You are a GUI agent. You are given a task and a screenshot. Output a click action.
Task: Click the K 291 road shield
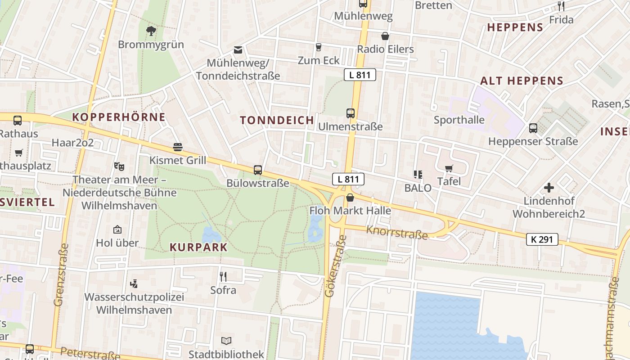pos(542,239)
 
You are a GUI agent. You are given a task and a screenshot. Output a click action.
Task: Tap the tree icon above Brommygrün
pos(151,31)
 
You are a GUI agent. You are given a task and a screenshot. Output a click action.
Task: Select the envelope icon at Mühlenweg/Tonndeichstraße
pos(238,50)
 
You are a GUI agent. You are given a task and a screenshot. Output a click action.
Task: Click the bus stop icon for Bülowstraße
pos(257,170)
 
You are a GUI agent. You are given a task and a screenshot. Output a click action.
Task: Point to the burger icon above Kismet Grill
pos(178,147)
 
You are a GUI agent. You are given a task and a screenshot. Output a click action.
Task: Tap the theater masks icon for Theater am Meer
pos(119,166)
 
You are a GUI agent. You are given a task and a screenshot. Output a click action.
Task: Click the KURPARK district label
pos(198,247)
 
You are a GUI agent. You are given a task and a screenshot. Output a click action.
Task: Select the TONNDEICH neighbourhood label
pos(277,120)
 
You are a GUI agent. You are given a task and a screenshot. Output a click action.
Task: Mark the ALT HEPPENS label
pos(522,81)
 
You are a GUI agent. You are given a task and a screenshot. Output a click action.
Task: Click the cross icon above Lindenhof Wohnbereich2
pos(549,188)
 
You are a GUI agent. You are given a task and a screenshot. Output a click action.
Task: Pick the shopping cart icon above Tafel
pos(449,168)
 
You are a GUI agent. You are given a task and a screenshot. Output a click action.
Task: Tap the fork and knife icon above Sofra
pos(223,276)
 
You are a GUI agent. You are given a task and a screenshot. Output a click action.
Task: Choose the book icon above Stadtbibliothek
pos(226,341)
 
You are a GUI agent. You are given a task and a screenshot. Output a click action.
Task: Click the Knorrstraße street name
pos(396,233)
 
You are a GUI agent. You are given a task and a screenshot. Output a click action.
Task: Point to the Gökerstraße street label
pos(335,269)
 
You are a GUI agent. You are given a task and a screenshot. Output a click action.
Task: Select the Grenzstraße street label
pos(61,274)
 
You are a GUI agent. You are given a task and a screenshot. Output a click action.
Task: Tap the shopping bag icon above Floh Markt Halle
pos(350,198)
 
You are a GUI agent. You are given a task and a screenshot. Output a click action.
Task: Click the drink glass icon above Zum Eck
pos(319,47)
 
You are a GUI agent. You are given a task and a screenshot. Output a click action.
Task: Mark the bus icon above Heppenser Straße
pos(533,128)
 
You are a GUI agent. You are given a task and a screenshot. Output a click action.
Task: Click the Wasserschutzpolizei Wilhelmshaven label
pos(134,303)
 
